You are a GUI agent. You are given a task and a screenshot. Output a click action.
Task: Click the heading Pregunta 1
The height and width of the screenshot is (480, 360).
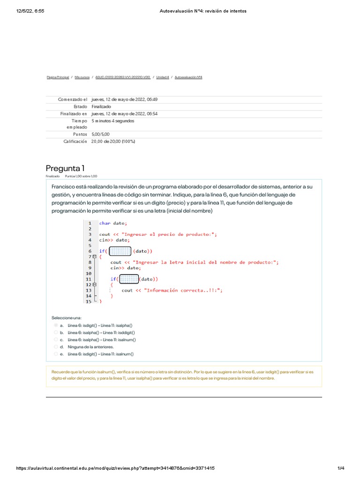tap(65, 168)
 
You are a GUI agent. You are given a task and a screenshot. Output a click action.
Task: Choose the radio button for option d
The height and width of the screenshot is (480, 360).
tap(56, 347)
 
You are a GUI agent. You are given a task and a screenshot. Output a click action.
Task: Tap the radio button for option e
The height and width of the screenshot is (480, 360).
tap(56, 354)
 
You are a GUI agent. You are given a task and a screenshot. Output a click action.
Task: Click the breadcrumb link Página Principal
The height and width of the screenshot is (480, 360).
tap(58, 77)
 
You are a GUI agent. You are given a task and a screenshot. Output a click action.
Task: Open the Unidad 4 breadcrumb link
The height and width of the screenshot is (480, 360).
tap(162, 77)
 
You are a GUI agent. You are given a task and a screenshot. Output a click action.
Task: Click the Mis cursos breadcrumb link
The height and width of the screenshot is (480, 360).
tap(83, 77)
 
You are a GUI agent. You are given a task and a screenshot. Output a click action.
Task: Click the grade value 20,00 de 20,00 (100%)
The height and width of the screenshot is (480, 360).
tap(113, 141)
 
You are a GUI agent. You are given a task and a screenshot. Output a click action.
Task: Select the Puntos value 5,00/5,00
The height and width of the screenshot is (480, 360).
tap(101, 134)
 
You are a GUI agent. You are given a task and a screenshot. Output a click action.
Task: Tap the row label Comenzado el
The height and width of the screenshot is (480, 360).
tap(73, 99)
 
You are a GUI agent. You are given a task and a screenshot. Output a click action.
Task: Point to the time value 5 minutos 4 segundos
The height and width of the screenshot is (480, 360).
tap(112, 120)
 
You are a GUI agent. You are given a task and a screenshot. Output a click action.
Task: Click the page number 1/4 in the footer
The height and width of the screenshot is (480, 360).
tap(341, 468)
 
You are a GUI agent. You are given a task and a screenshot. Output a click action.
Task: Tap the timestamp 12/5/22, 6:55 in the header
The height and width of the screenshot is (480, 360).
tap(30, 11)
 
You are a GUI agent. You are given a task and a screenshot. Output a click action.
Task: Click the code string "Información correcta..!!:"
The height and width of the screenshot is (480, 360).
tap(183, 290)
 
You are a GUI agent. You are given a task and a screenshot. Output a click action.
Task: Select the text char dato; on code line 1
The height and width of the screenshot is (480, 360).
tap(112, 223)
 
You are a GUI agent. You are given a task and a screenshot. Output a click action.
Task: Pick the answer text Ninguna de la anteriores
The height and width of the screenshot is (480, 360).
tap(90, 347)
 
